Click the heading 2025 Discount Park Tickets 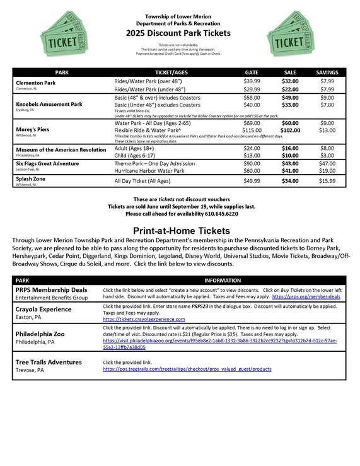coord(178,33)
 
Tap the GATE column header coord(252,73)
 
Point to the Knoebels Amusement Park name coord(49,104)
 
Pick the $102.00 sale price coord(290,130)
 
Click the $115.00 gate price coord(252,130)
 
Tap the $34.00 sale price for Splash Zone coord(290,181)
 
